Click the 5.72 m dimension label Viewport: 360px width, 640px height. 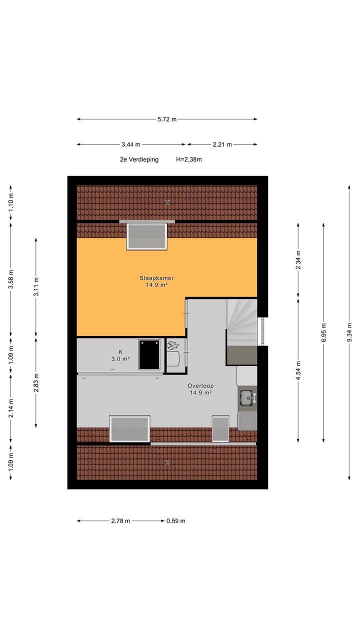coord(167,119)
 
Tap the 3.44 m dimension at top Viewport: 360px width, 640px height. coord(131,144)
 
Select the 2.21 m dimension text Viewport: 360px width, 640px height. coord(222,144)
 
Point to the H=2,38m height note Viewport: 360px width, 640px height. coord(189,159)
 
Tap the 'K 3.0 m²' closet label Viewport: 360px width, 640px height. coord(120,355)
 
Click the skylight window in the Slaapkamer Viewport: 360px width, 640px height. coord(146,236)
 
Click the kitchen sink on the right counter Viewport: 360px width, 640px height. coord(246,398)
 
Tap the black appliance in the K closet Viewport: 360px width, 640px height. coord(149,354)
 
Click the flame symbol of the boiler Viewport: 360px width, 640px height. coord(173,345)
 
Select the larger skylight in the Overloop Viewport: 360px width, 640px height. coord(129,429)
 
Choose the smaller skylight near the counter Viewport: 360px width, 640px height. coord(220,429)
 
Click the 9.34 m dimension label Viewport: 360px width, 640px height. coord(349,332)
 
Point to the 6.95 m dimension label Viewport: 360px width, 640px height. coord(323,332)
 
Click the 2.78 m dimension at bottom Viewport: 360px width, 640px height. coord(120,520)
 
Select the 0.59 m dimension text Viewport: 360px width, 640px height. coord(176,520)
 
